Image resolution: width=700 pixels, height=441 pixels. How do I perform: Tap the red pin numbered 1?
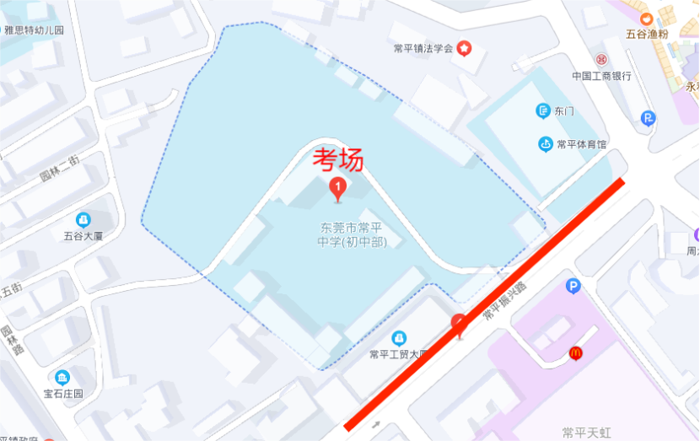[x=338, y=188]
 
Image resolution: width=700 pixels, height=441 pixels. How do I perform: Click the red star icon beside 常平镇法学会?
[x=465, y=49]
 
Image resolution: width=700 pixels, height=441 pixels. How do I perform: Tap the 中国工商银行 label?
[x=601, y=76]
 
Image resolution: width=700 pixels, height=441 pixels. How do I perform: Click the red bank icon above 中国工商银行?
[x=600, y=60]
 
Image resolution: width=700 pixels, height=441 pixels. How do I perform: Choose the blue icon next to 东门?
[x=543, y=110]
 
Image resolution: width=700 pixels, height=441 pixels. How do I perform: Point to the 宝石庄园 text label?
[x=64, y=394]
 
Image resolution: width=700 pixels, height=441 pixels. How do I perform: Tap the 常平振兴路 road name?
[x=503, y=300]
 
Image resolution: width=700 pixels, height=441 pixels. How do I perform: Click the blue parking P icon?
[x=573, y=287]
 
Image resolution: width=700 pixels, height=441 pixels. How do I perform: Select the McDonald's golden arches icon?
[x=575, y=353]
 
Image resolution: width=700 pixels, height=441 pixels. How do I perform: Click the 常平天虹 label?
[x=587, y=432]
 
